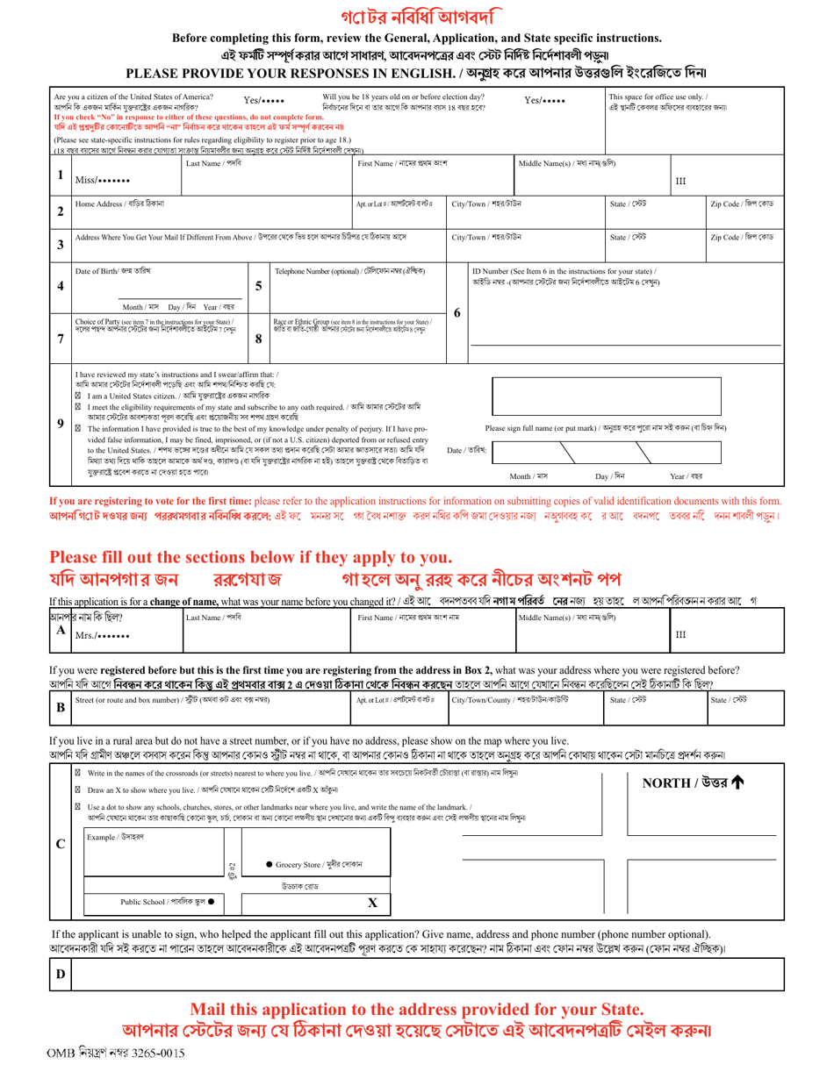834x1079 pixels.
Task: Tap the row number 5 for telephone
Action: [258, 286]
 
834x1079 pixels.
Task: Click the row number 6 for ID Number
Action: [457, 311]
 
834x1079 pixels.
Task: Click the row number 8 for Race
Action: [258, 337]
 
